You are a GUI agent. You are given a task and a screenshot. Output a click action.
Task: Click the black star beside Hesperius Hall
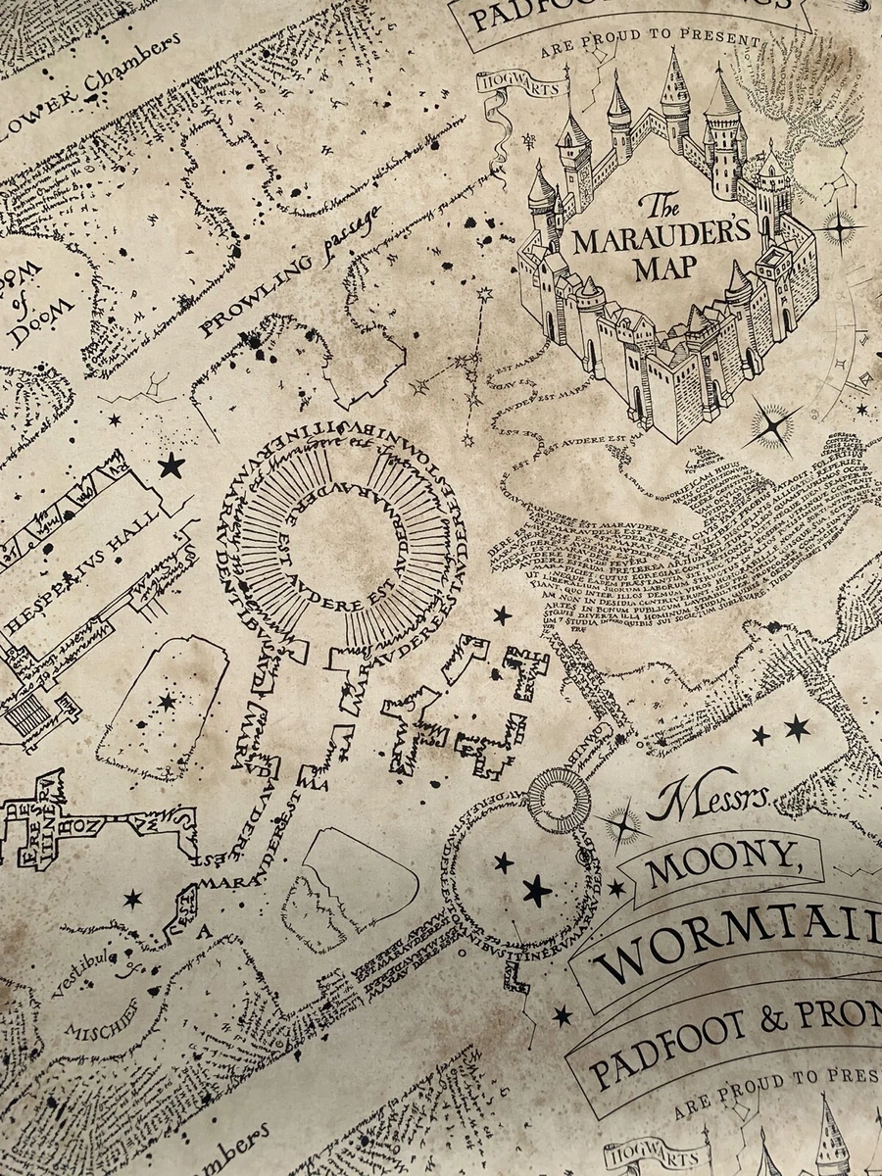pos(171,465)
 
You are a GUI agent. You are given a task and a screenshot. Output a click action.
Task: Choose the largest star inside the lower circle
pos(536,891)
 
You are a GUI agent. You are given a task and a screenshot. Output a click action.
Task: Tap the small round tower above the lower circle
pos(560,799)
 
